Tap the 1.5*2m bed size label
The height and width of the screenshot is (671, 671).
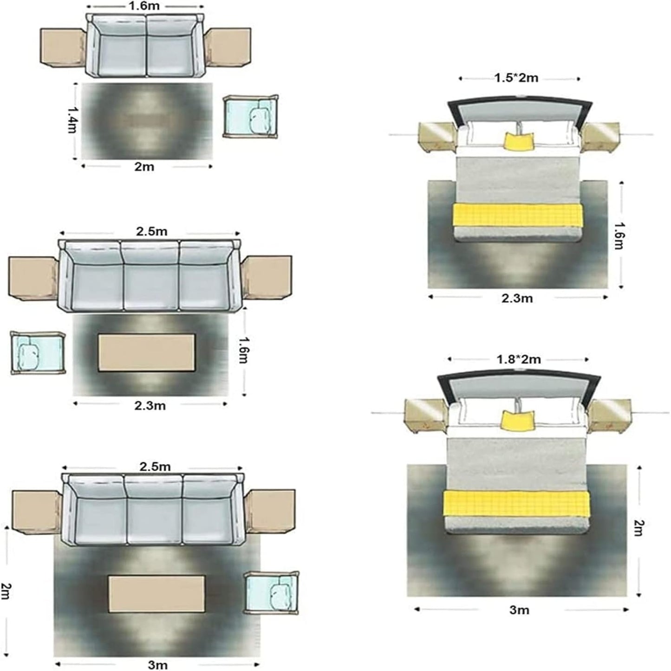pyautogui.click(x=517, y=78)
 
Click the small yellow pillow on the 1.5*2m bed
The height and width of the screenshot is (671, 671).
pyautogui.click(x=519, y=142)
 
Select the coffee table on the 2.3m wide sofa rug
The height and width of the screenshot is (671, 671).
pyautogui.click(x=146, y=353)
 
